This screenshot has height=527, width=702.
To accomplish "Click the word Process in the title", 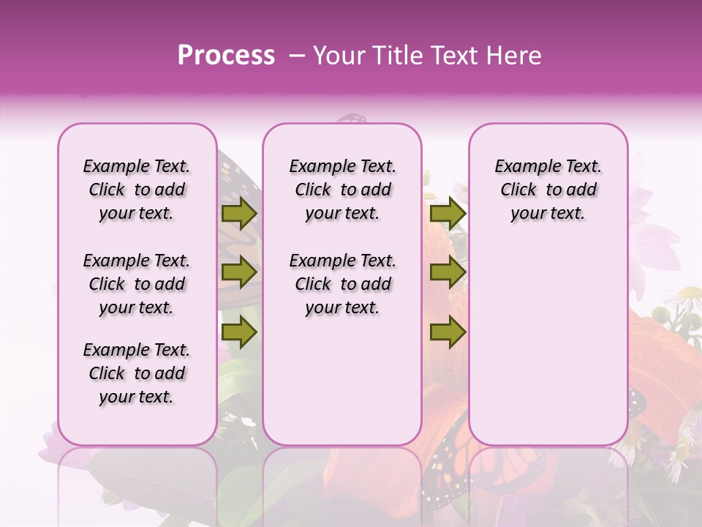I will coord(226,56).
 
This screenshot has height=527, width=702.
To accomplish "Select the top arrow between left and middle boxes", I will coord(239,214).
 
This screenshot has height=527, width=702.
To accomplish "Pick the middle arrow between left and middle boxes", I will coord(239,273).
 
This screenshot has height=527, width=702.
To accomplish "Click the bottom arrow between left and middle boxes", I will coord(239,332).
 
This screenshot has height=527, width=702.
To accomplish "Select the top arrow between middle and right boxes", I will coord(448,214).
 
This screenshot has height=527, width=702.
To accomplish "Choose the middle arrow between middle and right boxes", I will coord(448,273).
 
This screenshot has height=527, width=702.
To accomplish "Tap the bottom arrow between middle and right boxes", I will coord(448,332).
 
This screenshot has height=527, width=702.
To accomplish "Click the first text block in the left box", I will coord(137,190).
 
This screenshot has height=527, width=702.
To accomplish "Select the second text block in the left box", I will coord(137,284).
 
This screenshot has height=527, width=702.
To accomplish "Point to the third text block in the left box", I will coord(137,373).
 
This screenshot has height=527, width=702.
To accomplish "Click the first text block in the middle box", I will coord(343,190).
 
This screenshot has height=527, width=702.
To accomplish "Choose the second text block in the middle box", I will coord(343,284).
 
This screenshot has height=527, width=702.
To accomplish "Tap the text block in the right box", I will coord(548,190).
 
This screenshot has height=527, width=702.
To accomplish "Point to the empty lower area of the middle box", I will coord(343,381).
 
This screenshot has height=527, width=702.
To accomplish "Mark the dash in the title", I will coord(296,56).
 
